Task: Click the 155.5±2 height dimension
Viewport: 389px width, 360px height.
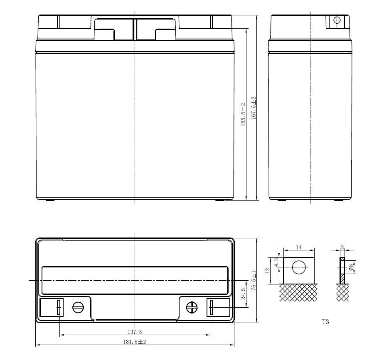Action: [x=243, y=115]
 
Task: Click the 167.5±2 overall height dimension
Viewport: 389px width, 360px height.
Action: [x=253, y=108]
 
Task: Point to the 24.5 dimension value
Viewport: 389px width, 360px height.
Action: [x=244, y=294]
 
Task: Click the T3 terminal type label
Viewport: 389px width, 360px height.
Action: [x=325, y=322]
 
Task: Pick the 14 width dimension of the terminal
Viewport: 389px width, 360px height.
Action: [x=298, y=247]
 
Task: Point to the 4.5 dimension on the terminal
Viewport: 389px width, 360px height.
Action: [x=276, y=262]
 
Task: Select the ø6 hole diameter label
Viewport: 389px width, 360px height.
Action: [x=351, y=267]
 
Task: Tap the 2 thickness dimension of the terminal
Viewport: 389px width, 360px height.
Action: [x=342, y=247]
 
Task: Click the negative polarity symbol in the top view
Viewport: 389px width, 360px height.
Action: [x=78, y=307]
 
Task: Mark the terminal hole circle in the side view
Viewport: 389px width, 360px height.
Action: [x=337, y=20]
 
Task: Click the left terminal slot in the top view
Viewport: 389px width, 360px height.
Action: [x=59, y=308]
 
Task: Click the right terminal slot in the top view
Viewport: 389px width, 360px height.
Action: [x=211, y=308]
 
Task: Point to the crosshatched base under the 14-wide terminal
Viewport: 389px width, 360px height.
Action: [x=298, y=292]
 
